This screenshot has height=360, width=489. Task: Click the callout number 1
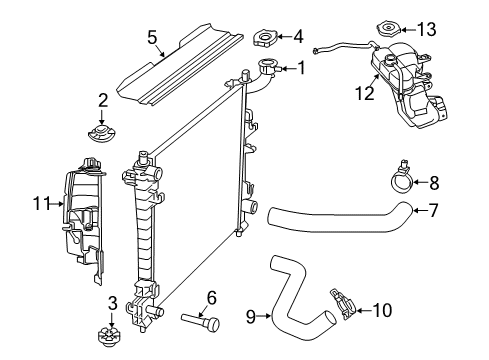point(300,68)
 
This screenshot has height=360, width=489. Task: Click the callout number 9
point(253,317)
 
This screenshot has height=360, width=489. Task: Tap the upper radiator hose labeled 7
point(335,219)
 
